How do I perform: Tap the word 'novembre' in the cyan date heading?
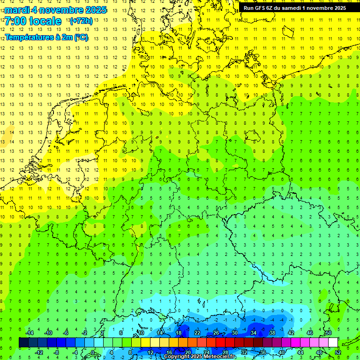point(60,10)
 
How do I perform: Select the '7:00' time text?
point(15,21)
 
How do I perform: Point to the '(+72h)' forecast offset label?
point(81,21)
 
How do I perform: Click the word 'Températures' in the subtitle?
point(29,37)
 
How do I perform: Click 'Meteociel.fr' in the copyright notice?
point(220,357)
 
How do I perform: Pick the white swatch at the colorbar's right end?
point(333,343)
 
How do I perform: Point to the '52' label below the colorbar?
point(338,352)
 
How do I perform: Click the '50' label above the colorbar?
point(329,333)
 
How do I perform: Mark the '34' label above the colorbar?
point(254,333)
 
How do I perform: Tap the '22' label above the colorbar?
point(197,333)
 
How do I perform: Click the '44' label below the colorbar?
point(300,352)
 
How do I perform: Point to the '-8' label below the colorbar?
point(57,352)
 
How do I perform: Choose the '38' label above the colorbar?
point(272,333)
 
